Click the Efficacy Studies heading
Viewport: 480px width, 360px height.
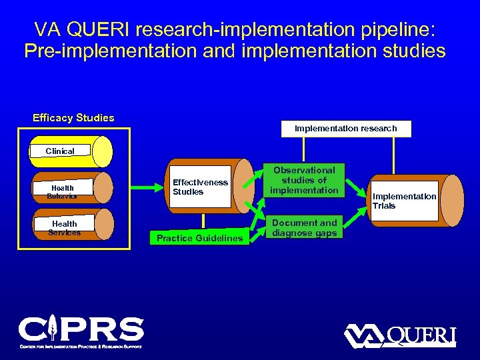pos(73,118)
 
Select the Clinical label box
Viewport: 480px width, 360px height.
pos(59,151)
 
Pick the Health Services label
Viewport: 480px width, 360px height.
pos(64,228)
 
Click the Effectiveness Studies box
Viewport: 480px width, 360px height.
pos(200,187)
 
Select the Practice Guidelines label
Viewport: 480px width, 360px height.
pos(199,238)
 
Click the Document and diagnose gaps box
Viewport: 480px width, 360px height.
pos(304,227)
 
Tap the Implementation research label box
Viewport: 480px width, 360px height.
pos(345,128)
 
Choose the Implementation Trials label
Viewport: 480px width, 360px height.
pos(404,201)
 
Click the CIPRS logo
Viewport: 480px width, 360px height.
pos(81,332)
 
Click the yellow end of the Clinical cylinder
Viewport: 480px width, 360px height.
pos(103,151)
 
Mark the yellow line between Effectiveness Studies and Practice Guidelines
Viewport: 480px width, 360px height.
pos(202,221)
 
